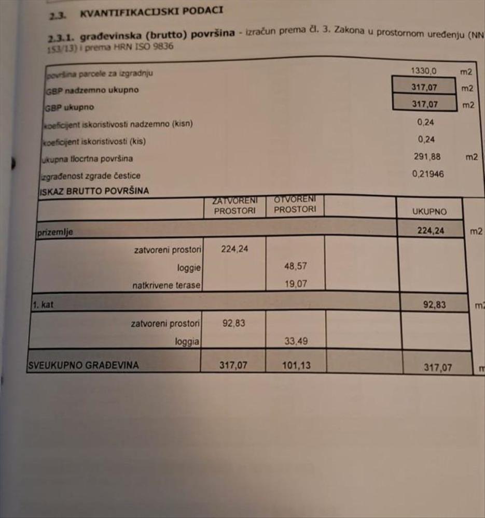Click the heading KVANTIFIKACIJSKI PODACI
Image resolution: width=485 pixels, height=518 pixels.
click(151, 12)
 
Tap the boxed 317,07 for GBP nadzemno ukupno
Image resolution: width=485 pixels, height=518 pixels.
click(424, 88)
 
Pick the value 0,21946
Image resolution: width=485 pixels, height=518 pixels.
click(428, 174)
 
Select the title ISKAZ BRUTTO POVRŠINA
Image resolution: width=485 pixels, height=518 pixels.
click(94, 191)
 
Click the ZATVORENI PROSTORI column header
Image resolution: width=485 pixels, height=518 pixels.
click(234, 206)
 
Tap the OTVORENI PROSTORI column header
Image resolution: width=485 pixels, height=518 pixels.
click(295, 205)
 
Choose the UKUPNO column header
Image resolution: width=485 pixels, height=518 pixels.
click(429, 212)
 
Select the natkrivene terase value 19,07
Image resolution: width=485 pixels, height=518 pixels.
click(296, 284)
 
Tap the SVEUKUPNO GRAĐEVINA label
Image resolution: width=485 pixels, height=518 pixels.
click(84, 365)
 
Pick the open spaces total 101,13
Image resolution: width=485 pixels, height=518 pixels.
click(297, 365)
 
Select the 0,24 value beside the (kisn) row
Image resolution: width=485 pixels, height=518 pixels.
click(425, 122)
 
